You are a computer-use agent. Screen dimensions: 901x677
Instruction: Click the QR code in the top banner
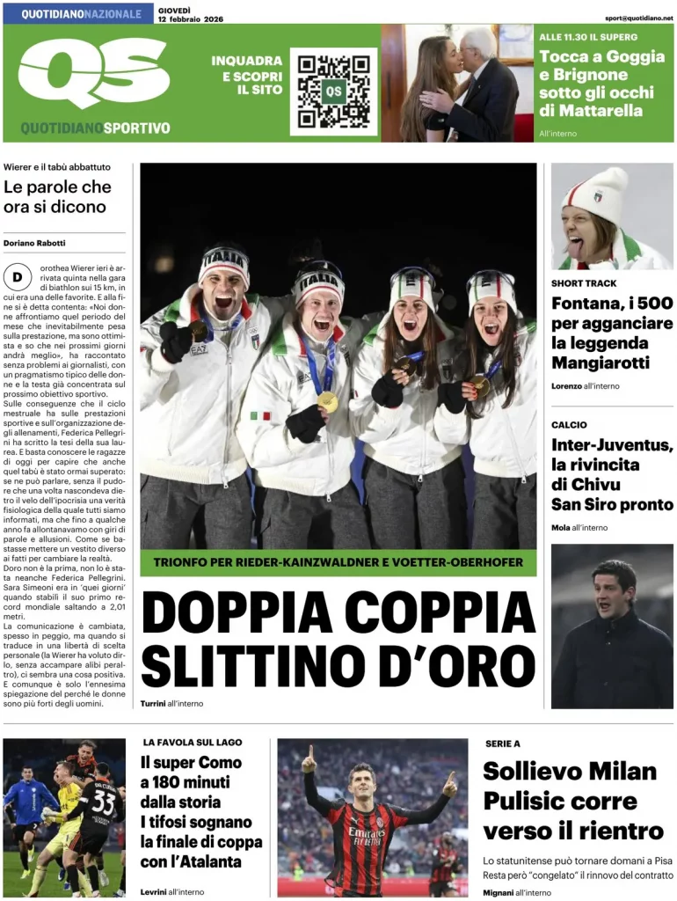[x=333, y=92]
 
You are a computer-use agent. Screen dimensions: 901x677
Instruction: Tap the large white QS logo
[x=93, y=73]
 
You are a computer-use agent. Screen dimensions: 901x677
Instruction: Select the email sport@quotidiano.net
[x=639, y=18]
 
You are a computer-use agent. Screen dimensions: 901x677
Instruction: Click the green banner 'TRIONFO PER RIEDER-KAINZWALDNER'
[x=338, y=562]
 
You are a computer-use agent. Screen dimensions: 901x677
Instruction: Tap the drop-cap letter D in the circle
[x=17, y=278]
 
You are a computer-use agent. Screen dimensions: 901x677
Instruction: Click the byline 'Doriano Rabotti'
[x=34, y=243]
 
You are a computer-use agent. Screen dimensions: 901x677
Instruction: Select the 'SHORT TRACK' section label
[x=584, y=283]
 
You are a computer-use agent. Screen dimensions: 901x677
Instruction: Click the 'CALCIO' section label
[x=569, y=425]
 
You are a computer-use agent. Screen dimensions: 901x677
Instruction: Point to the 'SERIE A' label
[x=503, y=744]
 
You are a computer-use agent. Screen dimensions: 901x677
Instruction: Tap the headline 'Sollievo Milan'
[x=570, y=772]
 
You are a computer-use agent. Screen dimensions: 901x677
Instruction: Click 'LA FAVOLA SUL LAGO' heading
[x=193, y=742]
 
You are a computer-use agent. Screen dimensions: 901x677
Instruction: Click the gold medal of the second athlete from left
[x=327, y=401]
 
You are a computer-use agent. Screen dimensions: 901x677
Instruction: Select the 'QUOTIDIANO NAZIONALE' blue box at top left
[x=77, y=14]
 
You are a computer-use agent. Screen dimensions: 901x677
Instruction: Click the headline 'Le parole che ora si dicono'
[x=58, y=197]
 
